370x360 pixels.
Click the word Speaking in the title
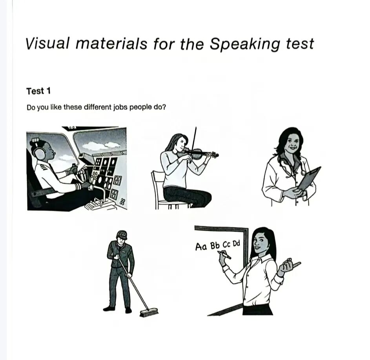point(245,44)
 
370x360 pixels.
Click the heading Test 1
point(38,91)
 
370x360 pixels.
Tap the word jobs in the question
point(120,108)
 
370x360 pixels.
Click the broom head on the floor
point(148,312)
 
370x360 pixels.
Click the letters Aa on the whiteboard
point(201,247)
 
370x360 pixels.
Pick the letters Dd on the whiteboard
point(236,243)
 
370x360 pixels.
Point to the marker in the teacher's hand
point(224,254)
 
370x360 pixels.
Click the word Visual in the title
point(47,44)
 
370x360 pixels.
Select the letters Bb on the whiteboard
point(215,245)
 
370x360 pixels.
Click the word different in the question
point(97,107)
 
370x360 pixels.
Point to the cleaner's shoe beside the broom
point(128,310)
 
